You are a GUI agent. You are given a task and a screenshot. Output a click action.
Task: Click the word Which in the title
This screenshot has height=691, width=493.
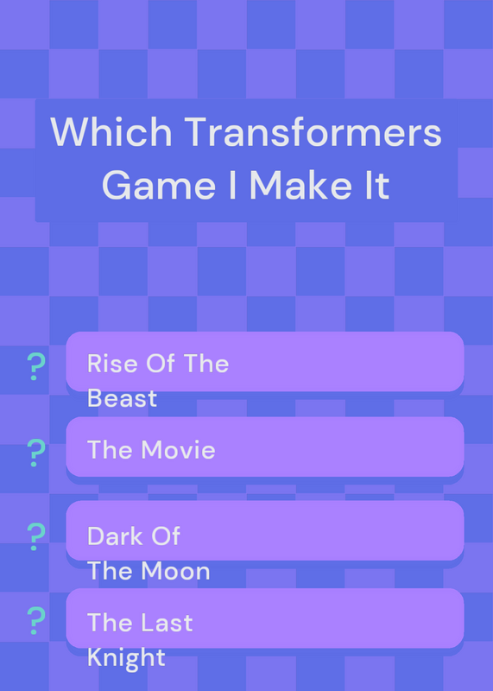(x=111, y=132)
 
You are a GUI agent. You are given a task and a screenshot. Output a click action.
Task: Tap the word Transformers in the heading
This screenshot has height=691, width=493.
(x=313, y=132)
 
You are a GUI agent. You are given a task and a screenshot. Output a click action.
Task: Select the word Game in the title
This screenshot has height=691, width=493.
(x=159, y=185)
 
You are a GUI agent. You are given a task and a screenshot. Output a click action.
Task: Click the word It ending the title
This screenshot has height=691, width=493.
(x=377, y=185)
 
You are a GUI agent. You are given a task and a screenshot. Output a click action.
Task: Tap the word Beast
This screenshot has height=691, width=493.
(x=122, y=398)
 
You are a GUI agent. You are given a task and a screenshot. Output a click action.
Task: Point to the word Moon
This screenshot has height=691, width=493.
(x=176, y=571)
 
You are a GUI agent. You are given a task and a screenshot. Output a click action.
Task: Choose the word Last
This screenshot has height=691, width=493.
(x=167, y=622)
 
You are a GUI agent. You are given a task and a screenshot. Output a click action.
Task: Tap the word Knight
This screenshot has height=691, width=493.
(x=126, y=657)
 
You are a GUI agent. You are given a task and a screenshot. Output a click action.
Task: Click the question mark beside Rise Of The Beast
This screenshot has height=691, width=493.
(x=36, y=366)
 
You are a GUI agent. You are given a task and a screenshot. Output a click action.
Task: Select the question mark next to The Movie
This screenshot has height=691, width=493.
(x=36, y=453)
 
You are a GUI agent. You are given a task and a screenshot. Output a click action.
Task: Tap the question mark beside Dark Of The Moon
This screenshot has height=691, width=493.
(x=36, y=536)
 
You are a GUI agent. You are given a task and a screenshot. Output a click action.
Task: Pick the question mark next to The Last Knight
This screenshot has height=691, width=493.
(x=36, y=620)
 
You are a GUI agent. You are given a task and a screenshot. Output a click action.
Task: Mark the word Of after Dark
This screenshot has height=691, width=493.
(x=165, y=536)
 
